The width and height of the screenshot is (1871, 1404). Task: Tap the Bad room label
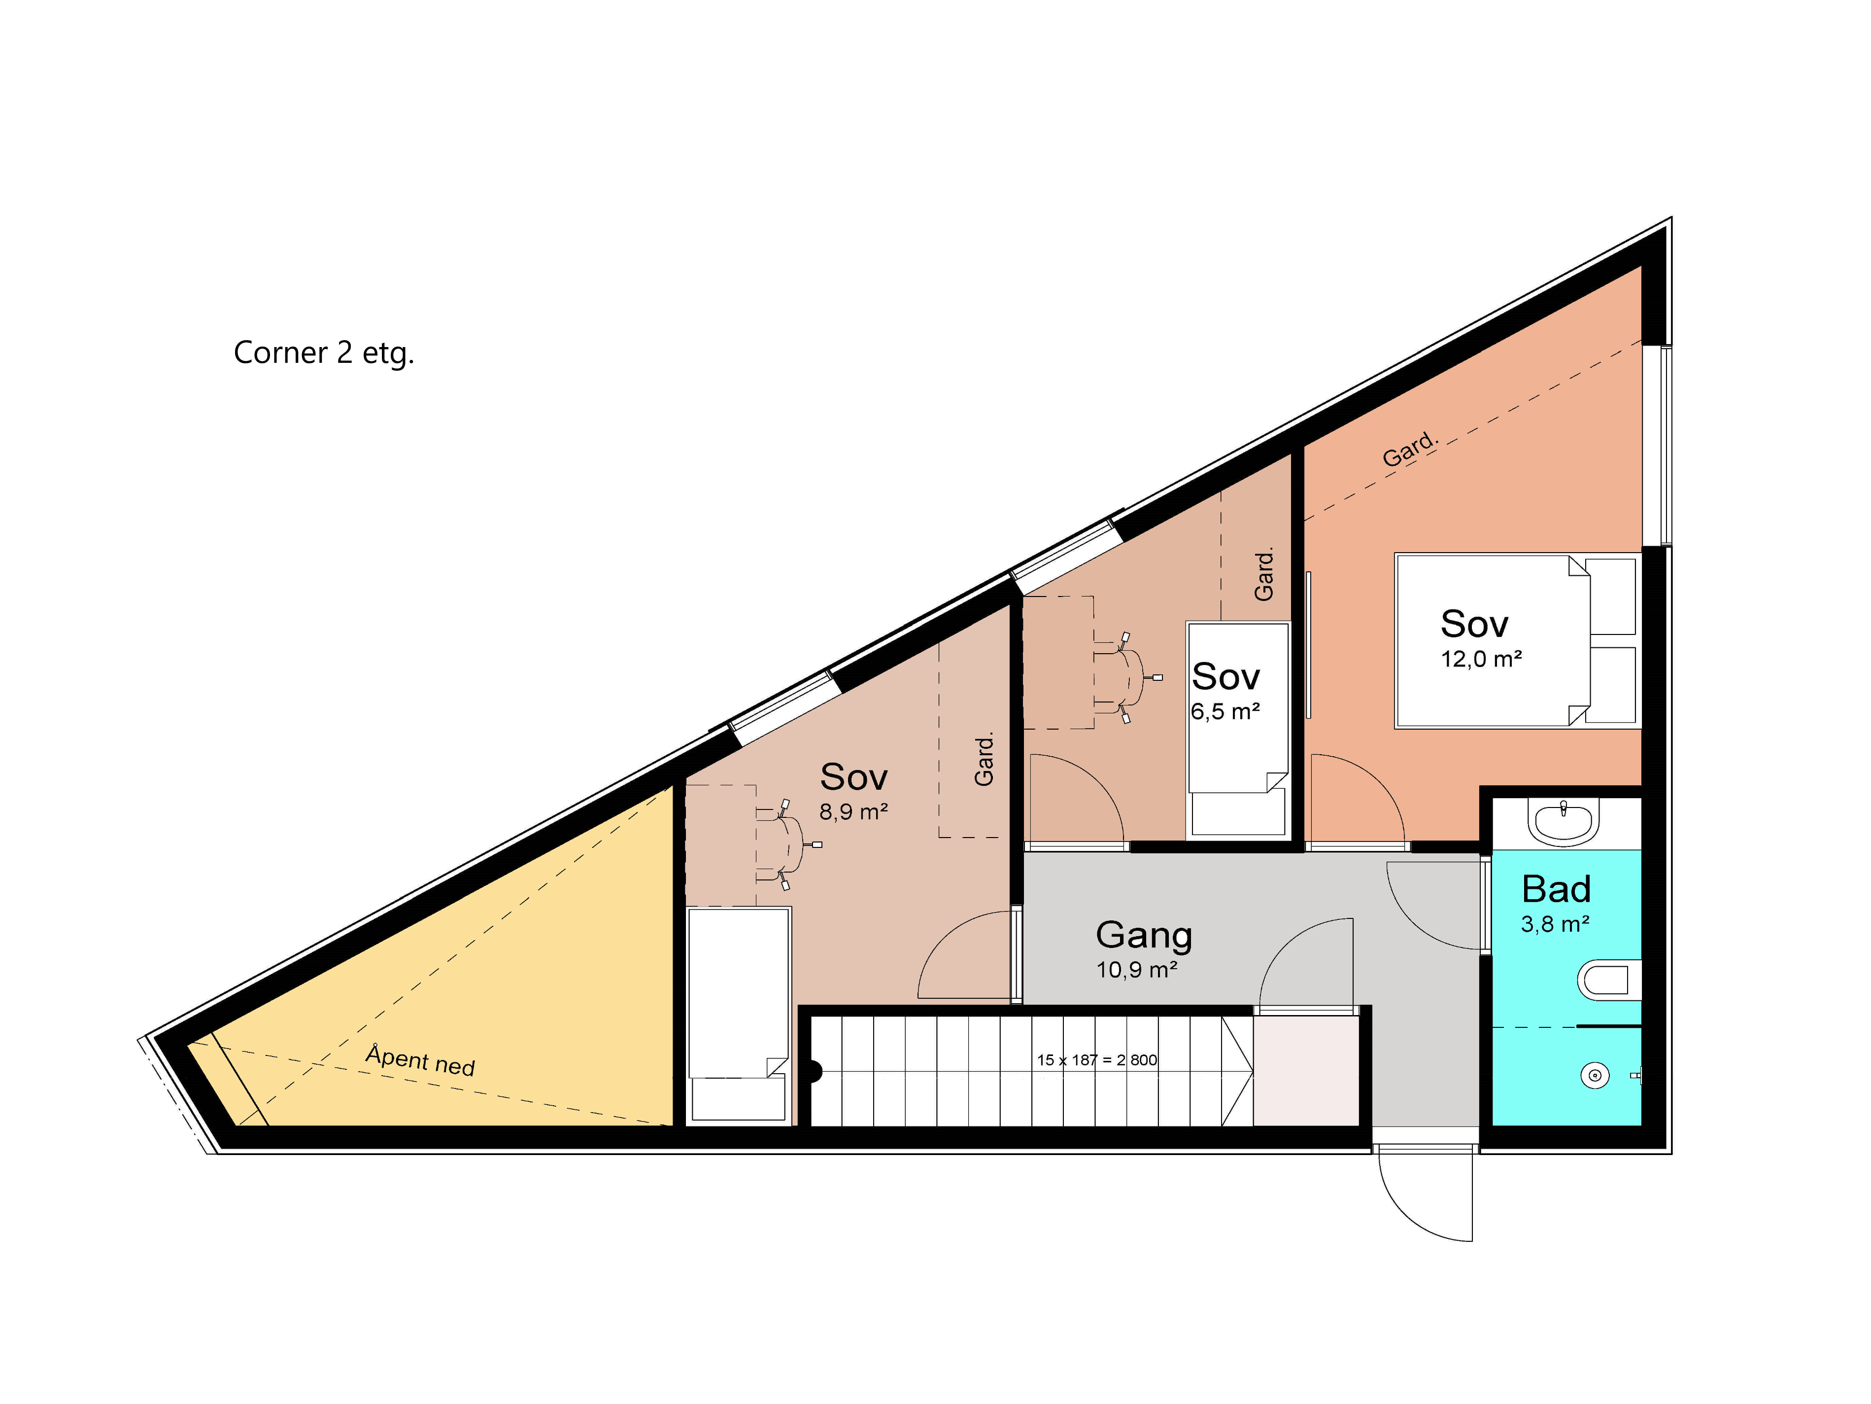pos(1556,889)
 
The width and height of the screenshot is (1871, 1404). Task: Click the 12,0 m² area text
pos(1481,659)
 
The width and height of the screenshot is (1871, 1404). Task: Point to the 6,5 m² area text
pos(1225,712)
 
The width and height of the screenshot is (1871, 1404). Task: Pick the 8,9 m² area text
pos(853,812)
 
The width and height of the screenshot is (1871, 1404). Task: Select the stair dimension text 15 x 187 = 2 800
pos(1097,1059)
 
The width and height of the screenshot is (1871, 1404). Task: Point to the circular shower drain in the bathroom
pos(1595,1076)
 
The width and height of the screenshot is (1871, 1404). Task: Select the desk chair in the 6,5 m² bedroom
pos(1126,677)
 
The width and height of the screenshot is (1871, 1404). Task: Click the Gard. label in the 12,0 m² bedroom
pos(1410,449)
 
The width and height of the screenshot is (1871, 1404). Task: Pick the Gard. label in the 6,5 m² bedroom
pos(1264,575)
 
